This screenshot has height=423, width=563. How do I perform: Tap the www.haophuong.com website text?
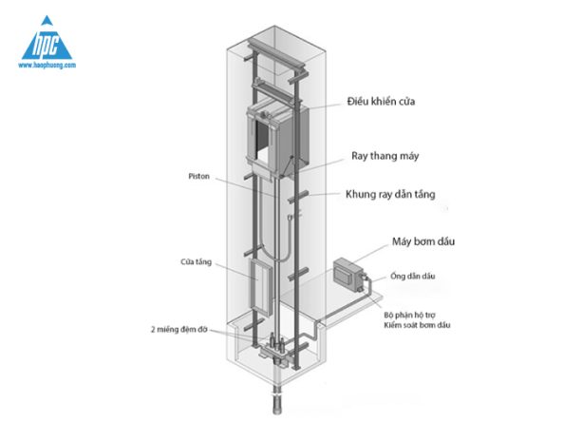(x=47, y=65)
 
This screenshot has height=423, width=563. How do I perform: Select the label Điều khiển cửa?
(x=381, y=102)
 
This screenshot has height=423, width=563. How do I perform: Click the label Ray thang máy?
(x=385, y=156)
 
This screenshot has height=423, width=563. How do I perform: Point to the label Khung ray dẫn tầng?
(x=390, y=195)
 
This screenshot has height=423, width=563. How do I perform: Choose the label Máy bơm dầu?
(x=423, y=241)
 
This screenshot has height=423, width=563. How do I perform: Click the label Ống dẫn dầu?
(x=413, y=276)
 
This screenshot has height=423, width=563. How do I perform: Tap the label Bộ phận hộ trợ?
(x=410, y=316)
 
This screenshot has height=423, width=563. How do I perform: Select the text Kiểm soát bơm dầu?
(x=417, y=325)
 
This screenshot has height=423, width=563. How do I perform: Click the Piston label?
(x=199, y=177)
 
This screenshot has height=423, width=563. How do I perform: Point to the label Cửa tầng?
(x=196, y=262)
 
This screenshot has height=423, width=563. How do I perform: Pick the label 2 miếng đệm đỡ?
(x=178, y=330)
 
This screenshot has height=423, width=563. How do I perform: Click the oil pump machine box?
(x=347, y=274)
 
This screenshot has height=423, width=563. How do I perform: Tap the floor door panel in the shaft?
(x=260, y=287)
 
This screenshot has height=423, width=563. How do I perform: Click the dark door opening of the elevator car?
(x=262, y=140)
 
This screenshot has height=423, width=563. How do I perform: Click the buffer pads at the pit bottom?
(x=277, y=344)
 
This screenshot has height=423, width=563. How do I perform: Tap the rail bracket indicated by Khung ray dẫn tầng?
(x=298, y=197)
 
